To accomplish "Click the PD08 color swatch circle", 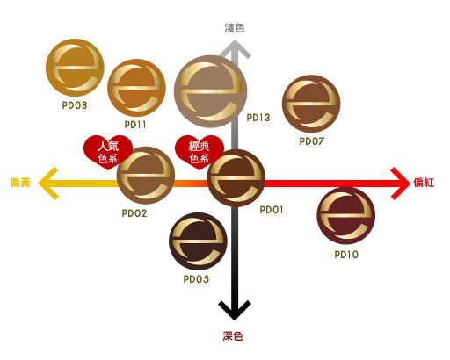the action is click(75, 68).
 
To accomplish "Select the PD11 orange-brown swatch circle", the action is click(136, 88).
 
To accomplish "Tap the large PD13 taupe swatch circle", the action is click(211, 91).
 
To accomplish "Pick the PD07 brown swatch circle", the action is click(311, 104).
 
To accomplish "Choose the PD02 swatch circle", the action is click(146, 176).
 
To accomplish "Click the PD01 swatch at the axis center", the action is click(236, 178).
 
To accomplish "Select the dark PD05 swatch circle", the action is click(198, 241).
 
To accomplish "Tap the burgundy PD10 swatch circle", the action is click(346, 216).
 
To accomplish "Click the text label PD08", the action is click(75, 105).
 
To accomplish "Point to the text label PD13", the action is click(258, 118).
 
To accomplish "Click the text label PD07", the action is click(311, 141).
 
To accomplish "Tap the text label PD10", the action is click(346, 255).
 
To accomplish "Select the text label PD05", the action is click(196, 279).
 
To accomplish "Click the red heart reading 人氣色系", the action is click(108, 152).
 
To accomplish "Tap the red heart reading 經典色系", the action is click(200, 152).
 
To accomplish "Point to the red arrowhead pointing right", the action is click(401, 184).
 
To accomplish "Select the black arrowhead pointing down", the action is click(235, 311).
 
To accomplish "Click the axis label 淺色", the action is click(235, 28).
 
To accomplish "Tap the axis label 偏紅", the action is click(424, 183).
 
